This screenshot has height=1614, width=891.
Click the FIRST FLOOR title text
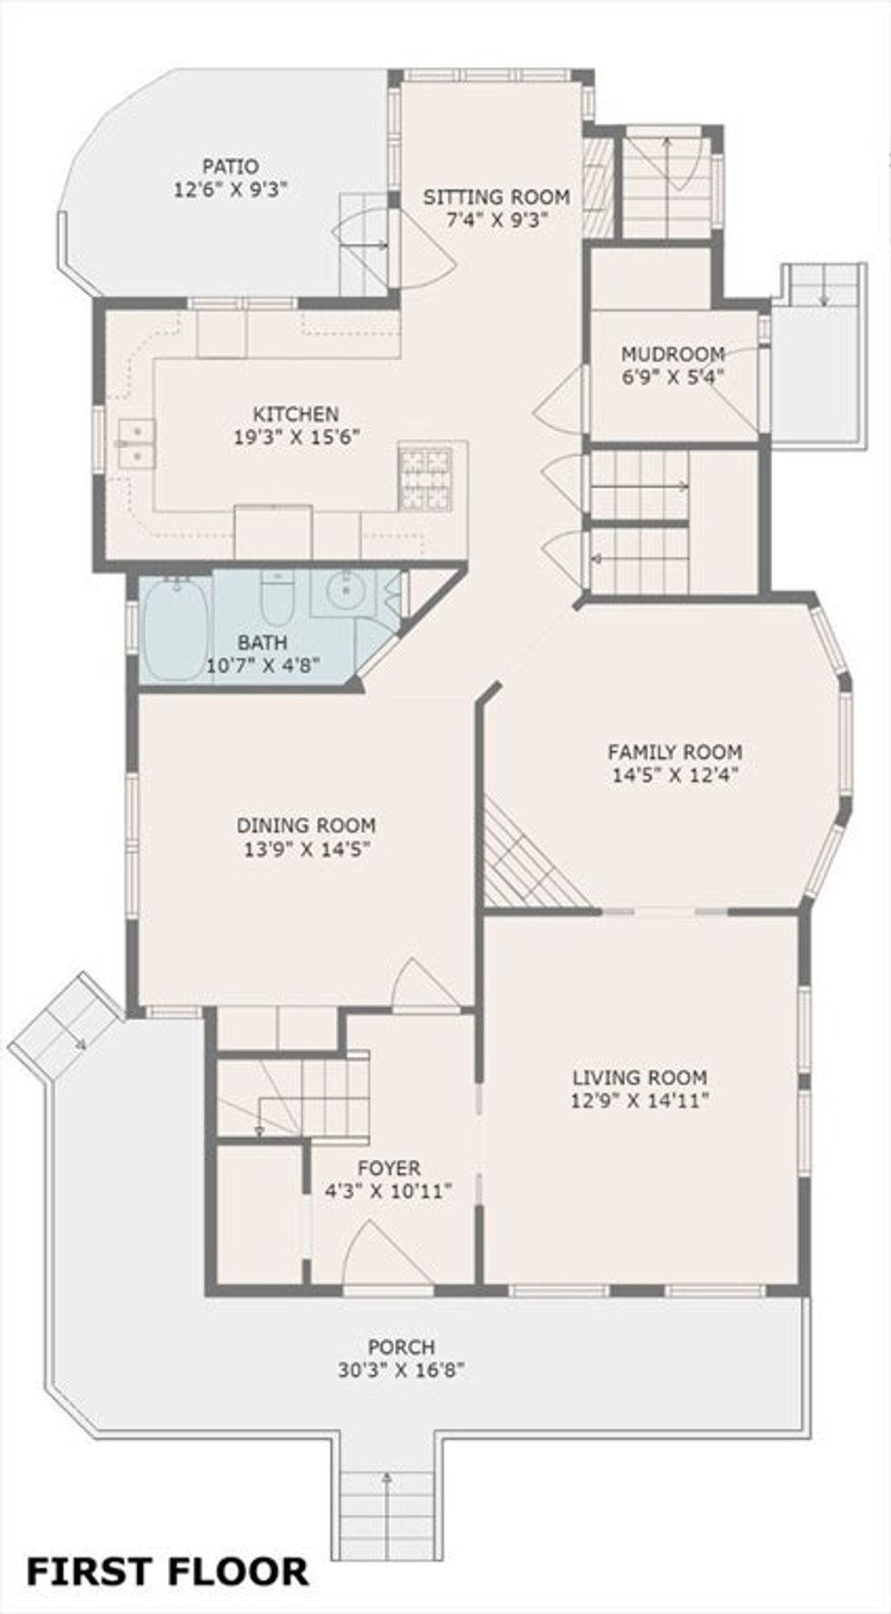(168, 1571)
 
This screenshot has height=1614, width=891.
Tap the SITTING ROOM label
(497, 198)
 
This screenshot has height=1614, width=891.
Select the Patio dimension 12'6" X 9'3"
(231, 189)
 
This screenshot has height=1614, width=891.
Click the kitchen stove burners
(425, 478)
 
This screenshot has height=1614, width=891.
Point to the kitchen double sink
(137, 444)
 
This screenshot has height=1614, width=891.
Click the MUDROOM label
(673, 354)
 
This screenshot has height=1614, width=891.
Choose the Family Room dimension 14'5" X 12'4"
(675, 775)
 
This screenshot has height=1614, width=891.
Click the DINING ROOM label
(306, 825)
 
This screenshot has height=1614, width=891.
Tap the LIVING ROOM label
(640, 1077)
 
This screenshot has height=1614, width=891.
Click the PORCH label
(401, 1347)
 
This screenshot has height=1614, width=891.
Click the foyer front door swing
(388, 1252)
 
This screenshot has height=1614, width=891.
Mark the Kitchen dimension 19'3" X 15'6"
(296, 437)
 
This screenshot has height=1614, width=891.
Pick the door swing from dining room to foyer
(424, 986)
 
